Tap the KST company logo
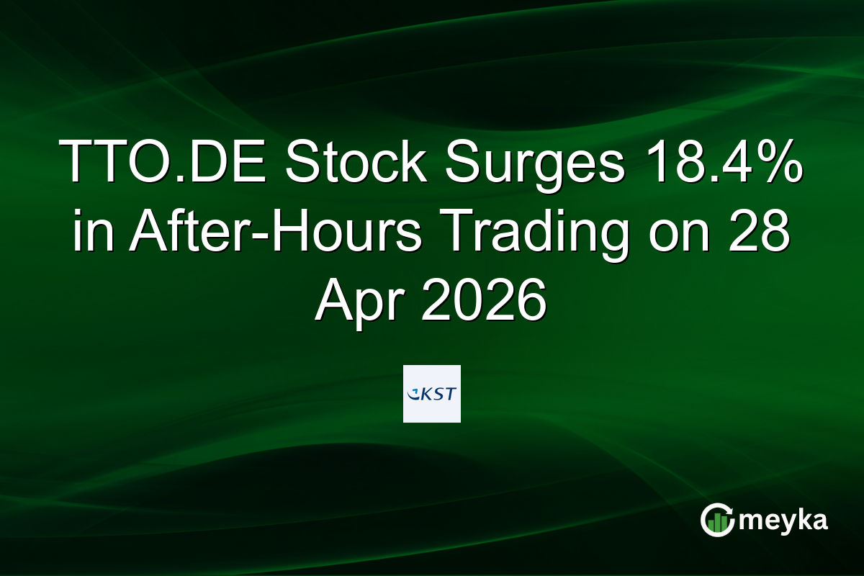431,394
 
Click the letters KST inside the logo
438,394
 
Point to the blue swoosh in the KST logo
413,395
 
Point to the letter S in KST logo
438,394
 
